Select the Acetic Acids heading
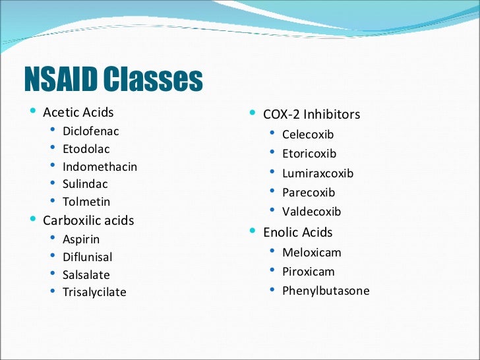(x=78, y=112)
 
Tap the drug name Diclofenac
(x=90, y=131)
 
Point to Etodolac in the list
(x=86, y=149)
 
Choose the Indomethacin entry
(x=100, y=167)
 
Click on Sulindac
(x=85, y=184)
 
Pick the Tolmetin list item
(x=86, y=202)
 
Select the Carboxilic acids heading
(x=88, y=220)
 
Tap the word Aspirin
(x=81, y=239)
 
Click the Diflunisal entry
(x=87, y=257)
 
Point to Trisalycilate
(x=94, y=292)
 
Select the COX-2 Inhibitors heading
(x=311, y=115)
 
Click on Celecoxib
(x=308, y=135)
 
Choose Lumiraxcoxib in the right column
(x=318, y=173)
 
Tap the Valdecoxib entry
(x=311, y=212)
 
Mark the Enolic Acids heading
(x=297, y=232)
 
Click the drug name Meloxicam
(x=311, y=252)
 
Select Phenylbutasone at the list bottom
(x=326, y=291)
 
